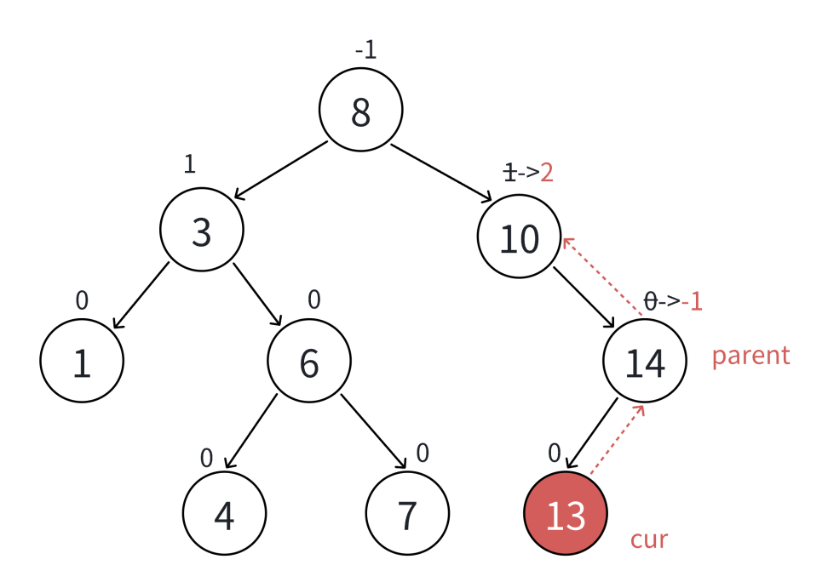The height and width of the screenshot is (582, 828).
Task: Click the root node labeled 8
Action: point(360,111)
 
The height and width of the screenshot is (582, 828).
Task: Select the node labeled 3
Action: point(202,230)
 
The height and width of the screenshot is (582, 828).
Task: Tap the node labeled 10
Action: point(519,237)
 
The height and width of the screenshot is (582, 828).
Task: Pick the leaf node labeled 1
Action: point(82,361)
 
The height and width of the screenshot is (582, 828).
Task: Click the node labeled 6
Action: point(308,361)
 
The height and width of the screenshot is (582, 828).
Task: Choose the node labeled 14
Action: point(645,361)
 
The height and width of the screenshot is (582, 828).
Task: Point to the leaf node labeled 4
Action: point(224,514)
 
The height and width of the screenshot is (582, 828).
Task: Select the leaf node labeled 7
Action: point(407,514)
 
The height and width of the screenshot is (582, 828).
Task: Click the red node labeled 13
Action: point(565,514)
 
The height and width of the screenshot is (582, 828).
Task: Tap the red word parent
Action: point(750,355)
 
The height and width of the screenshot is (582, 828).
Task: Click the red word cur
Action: point(648,539)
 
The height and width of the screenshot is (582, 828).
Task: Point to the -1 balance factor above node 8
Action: point(365,50)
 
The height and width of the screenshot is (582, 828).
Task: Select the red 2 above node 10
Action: point(547,173)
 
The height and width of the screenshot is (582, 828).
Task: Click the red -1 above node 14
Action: point(692,301)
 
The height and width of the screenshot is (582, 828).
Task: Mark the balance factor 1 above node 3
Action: point(190,163)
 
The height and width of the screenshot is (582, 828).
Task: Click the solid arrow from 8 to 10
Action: point(441,174)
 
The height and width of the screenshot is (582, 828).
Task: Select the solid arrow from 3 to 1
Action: point(141,295)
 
